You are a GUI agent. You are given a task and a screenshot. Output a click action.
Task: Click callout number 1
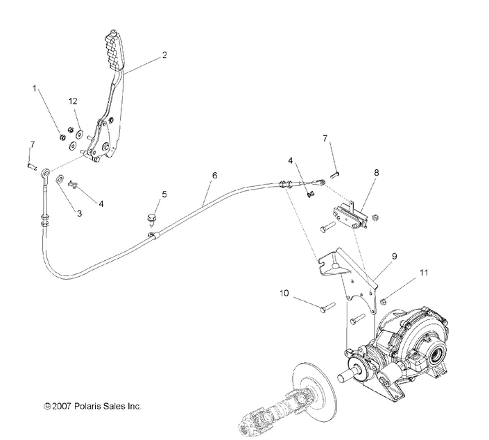[33, 89]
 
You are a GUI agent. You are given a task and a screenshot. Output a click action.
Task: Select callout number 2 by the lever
[164, 54]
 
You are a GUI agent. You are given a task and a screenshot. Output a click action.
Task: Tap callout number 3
[78, 214]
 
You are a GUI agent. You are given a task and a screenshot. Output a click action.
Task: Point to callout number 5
[164, 194]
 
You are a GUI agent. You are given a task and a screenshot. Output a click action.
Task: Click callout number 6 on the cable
[214, 176]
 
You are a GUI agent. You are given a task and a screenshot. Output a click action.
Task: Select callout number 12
[72, 101]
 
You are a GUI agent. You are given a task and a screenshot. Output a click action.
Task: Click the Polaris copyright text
[92, 405]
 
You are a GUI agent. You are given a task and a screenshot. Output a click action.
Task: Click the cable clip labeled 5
[151, 220]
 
